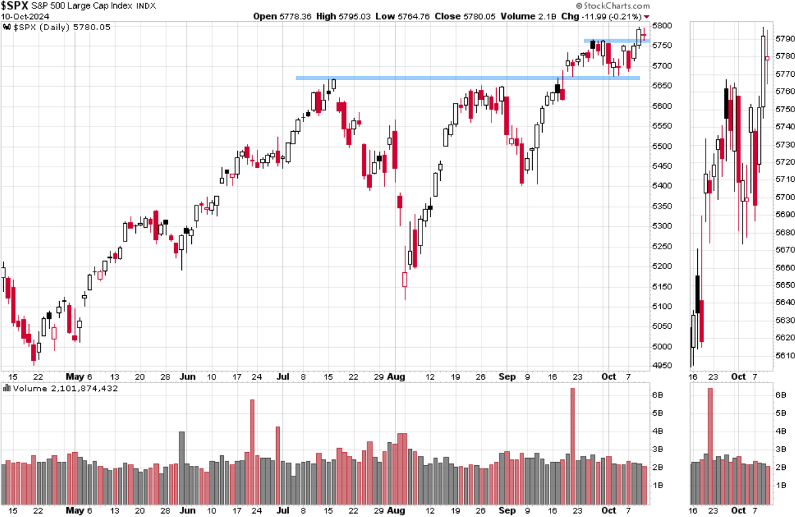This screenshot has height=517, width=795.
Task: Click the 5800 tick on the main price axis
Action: [663, 26]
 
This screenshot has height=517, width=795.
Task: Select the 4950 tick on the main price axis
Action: [663, 366]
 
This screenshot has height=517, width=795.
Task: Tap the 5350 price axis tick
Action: [663, 206]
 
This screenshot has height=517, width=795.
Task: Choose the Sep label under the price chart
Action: [507, 377]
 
